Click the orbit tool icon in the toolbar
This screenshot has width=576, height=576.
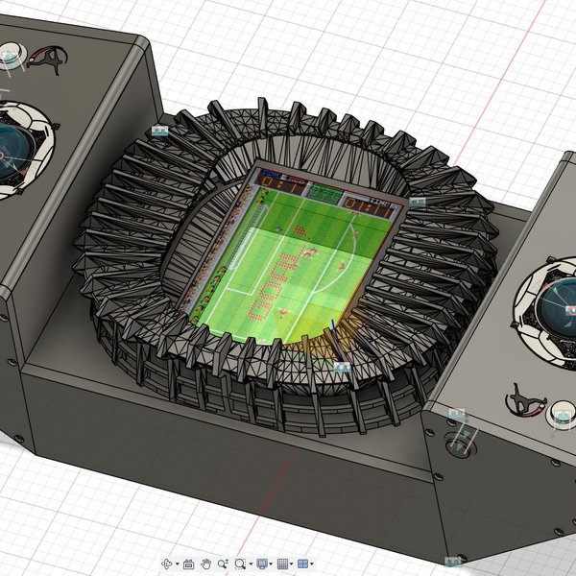[x=166, y=564]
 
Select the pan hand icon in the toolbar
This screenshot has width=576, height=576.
[x=205, y=564]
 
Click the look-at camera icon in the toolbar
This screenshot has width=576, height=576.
[x=188, y=564]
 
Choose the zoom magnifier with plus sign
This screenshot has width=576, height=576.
[x=223, y=564]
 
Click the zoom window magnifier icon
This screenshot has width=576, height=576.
[x=241, y=564]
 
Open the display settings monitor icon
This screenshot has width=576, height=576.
[x=262, y=564]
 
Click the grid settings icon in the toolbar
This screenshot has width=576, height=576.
[x=282, y=564]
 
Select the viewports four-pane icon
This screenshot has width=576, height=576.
[x=302, y=564]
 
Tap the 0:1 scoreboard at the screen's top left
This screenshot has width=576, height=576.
[x=274, y=178]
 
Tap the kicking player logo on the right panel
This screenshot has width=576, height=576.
[x=524, y=398]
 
